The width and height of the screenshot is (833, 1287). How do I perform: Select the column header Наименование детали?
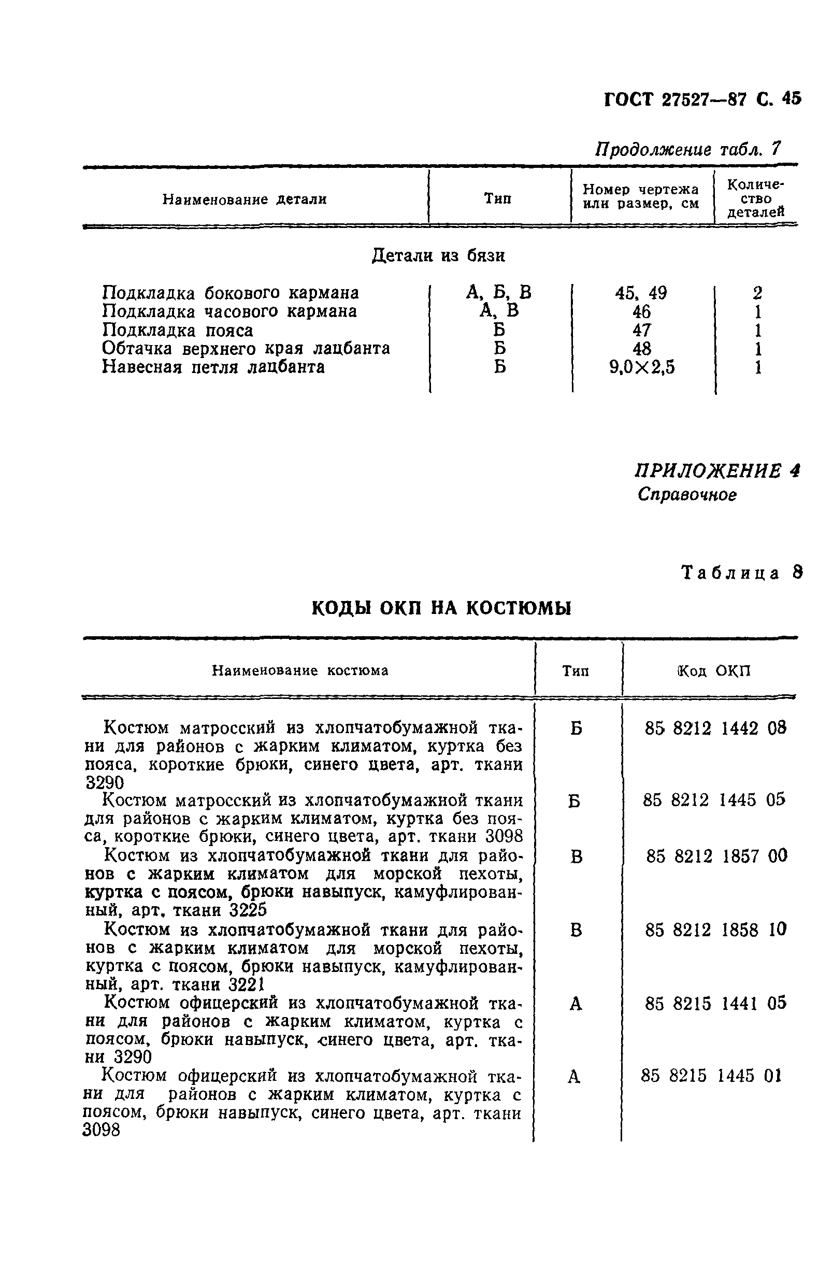[245, 199]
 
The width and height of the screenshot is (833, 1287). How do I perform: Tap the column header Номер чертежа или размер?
[641, 196]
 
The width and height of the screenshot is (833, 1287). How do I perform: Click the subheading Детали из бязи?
[438, 255]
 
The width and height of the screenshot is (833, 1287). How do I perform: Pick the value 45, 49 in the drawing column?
[641, 293]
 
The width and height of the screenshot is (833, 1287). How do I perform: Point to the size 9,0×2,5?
[642, 368]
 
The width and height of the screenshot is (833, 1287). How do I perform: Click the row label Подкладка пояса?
[177, 330]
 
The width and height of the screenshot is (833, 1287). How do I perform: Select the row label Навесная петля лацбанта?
[213, 367]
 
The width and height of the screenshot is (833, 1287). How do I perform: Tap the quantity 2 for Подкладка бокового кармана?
[757, 293]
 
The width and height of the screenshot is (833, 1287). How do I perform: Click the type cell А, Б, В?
[498, 293]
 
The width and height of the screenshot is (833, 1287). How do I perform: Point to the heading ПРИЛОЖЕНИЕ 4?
[716, 470]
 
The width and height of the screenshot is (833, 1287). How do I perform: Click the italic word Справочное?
[686, 494]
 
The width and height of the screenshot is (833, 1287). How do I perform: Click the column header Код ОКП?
[713, 671]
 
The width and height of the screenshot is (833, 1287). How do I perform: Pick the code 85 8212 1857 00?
[716, 856]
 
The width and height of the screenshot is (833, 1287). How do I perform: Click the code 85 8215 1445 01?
[711, 1076]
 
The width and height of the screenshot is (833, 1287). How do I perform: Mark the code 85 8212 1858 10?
[715, 929]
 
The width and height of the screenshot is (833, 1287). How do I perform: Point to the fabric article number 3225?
[248, 911]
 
